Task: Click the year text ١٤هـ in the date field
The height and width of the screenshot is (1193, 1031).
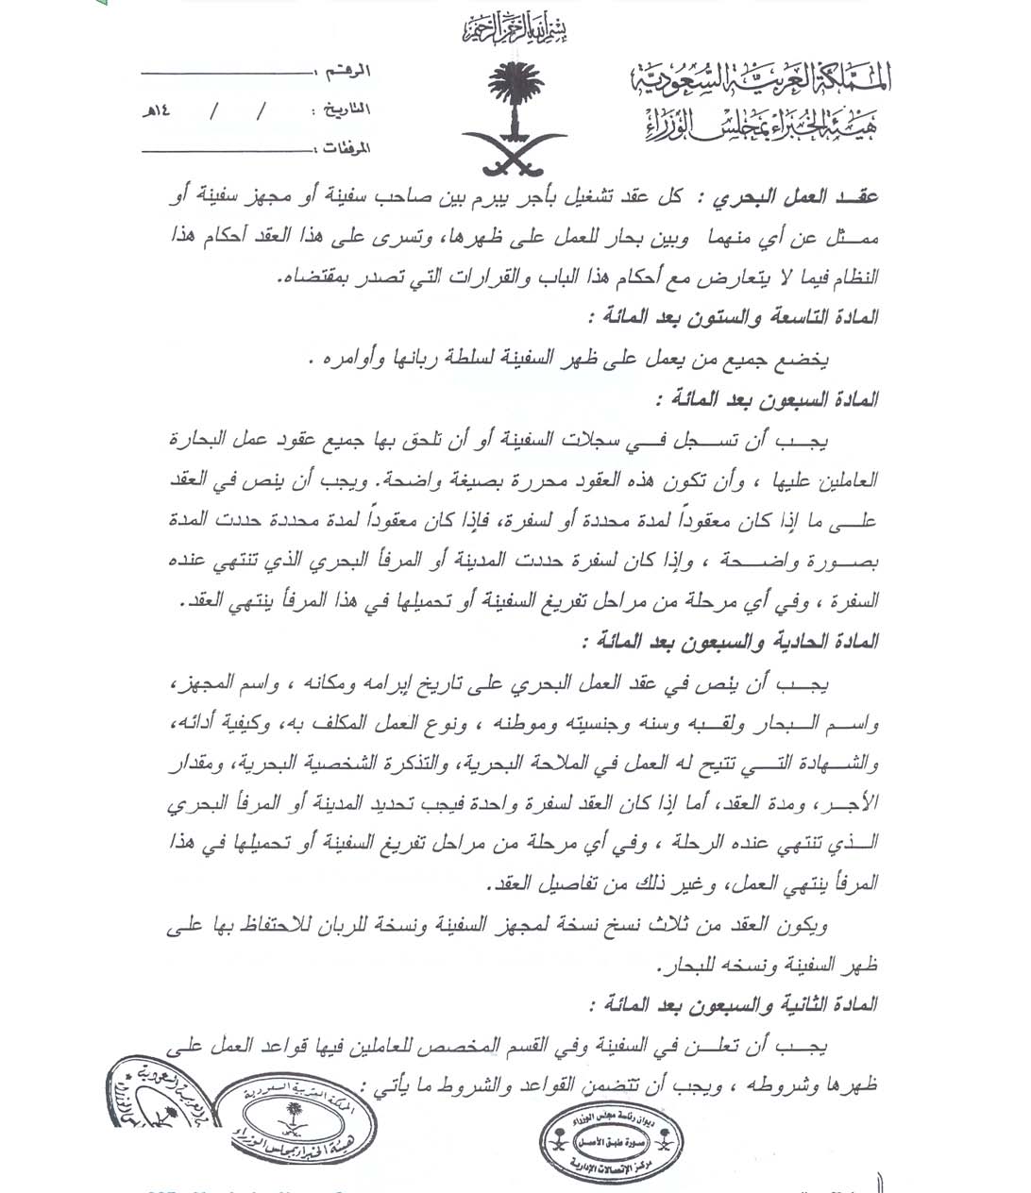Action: tap(156, 109)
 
